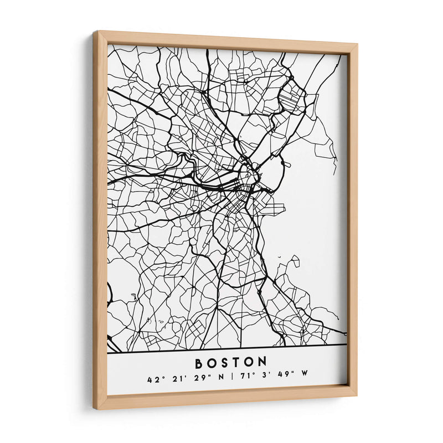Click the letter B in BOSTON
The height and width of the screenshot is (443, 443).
[x=199, y=363]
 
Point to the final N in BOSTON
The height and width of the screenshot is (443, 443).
[x=262, y=363]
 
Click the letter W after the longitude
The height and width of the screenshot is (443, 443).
[x=304, y=380]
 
